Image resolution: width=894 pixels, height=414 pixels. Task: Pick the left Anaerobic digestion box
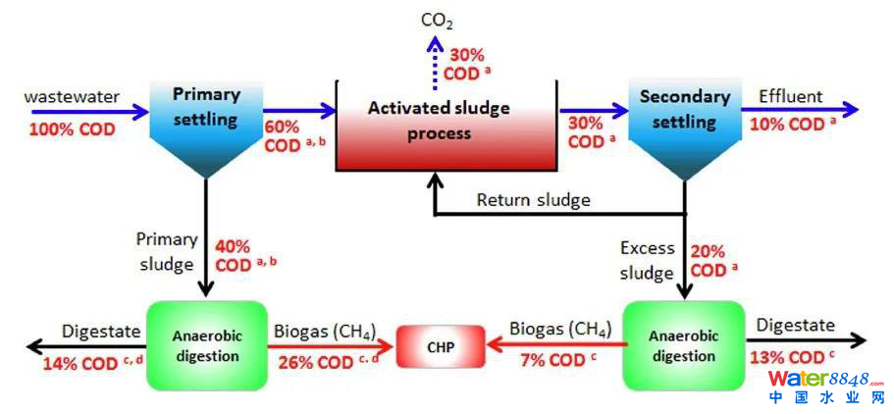206,344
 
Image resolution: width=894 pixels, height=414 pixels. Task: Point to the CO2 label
437,20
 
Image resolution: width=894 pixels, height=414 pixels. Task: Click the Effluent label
790,96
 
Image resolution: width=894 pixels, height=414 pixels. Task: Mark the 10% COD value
793,125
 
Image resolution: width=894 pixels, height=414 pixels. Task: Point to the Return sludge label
533,200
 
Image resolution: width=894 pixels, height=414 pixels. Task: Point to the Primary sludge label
167,251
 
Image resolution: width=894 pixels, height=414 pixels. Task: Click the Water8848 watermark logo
826,386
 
